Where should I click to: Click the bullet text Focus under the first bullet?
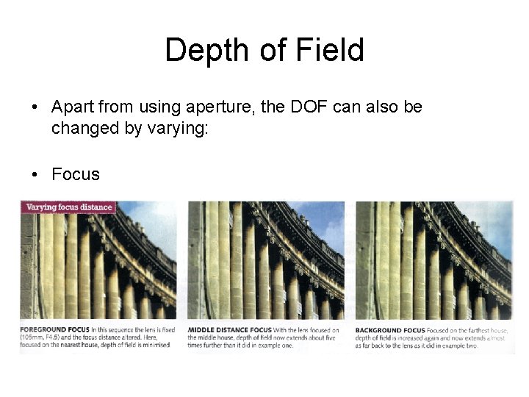[75, 174]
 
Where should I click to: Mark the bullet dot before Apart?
[35, 108]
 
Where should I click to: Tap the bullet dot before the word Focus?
[35, 175]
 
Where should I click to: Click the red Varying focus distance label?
[69, 207]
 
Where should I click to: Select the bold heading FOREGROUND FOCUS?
[55, 329]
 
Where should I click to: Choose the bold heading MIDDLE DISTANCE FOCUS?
[229, 329]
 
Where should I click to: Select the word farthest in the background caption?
[479, 329]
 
